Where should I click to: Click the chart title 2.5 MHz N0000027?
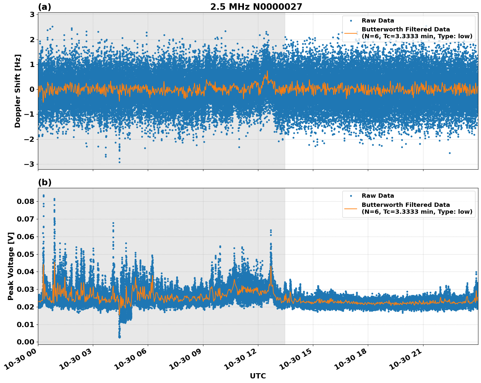[x=256, y=7]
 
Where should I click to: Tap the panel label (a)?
[x=44, y=7]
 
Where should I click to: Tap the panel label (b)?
[x=44, y=182]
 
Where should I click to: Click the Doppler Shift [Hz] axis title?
[x=18, y=91]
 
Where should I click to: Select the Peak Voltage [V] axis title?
[x=11, y=266]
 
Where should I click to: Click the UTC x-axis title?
[x=258, y=376]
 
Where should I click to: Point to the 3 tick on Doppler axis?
[x=32, y=14]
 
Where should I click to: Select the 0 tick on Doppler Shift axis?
[x=32, y=89]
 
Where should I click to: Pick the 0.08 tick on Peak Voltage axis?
[x=25, y=201]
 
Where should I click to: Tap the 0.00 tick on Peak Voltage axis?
[x=25, y=342]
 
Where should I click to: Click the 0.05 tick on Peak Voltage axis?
[x=25, y=254]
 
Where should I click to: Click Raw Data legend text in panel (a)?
[x=378, y=21]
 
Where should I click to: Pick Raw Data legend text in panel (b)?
[x=378, y=196]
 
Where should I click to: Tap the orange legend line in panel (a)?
[x=351, y=33]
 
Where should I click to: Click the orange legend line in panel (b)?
[x=351, y=208]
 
